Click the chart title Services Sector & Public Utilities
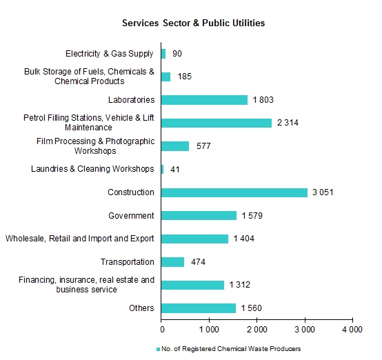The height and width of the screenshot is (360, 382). click(194, 23)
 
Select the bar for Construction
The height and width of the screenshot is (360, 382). click(234, 192)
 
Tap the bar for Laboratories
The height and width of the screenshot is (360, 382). click(204, 100)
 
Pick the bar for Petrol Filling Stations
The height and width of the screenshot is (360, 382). click(217, 123)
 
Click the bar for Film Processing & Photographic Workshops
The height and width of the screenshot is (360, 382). click(175, 146)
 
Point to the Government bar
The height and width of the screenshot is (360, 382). click(199, 216)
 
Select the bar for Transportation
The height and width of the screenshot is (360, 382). click(173, 262)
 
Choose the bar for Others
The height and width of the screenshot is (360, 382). click(199, 308)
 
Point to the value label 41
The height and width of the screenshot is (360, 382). click(175, 170)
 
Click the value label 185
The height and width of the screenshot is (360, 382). click(184, 77)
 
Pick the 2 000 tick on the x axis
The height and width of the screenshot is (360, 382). click(257, 330)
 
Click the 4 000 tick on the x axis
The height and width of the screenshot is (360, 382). click(352, 330)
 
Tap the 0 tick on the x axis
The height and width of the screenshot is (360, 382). click(161, 330)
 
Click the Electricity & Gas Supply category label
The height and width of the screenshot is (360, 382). click(110, 54)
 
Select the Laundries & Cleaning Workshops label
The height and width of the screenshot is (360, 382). click(92, 169)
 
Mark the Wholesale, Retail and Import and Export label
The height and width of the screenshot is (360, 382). click(79, 239)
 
